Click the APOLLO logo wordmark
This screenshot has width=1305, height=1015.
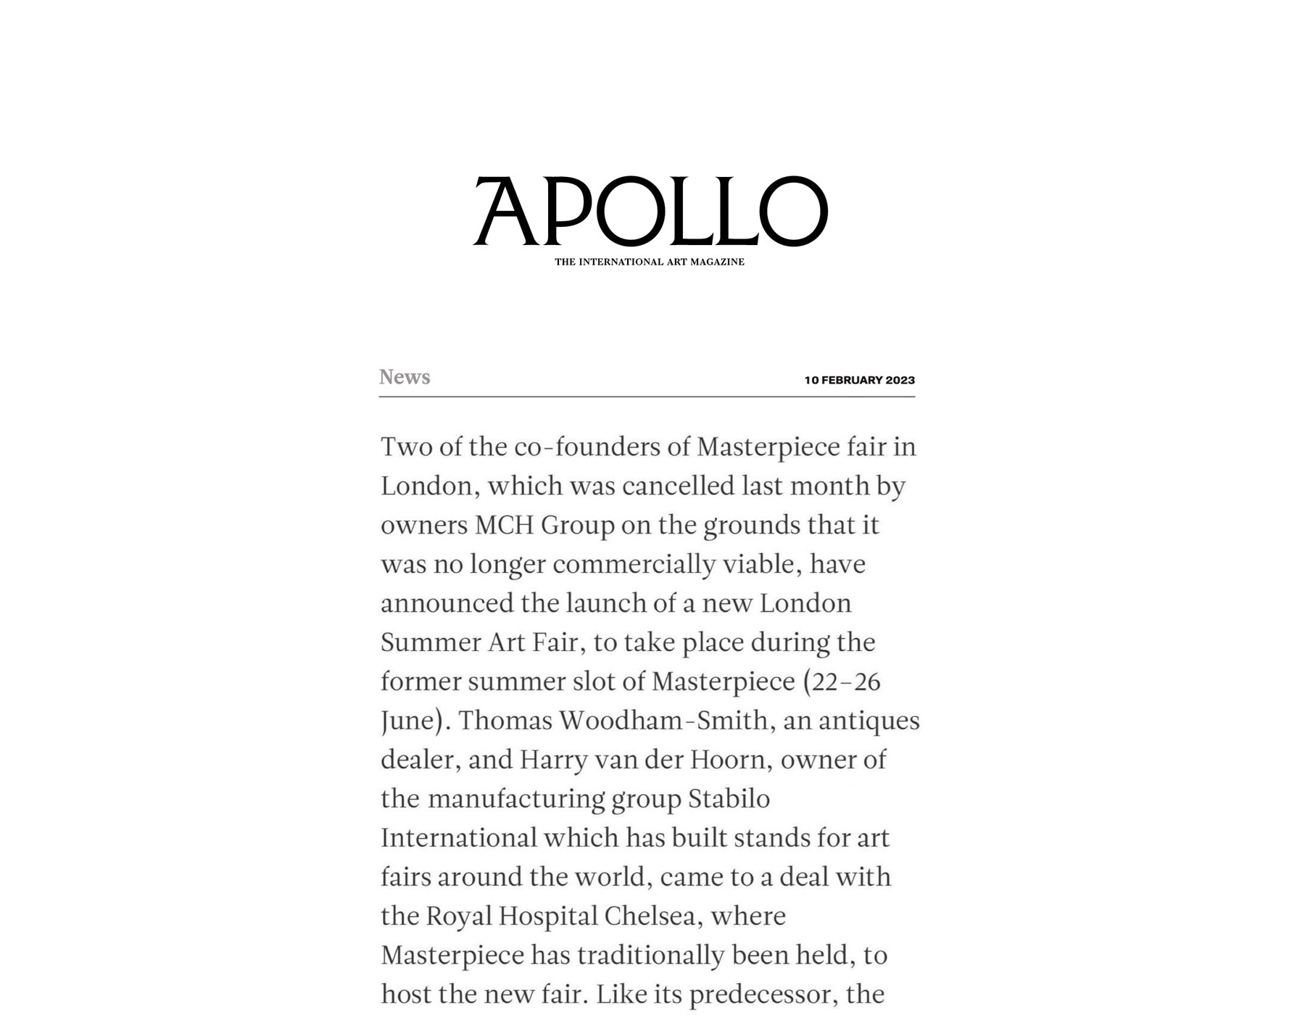[650, 211]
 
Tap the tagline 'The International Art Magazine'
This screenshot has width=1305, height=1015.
[650, 262]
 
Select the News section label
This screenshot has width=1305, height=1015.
[405, 377]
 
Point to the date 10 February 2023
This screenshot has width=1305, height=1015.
[859, 380]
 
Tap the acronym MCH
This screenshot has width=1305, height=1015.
[504, 525]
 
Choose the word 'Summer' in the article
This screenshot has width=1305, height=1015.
[430, 642]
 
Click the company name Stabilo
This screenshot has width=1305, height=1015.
[729, 799]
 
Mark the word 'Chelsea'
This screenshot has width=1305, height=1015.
[650, 916]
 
